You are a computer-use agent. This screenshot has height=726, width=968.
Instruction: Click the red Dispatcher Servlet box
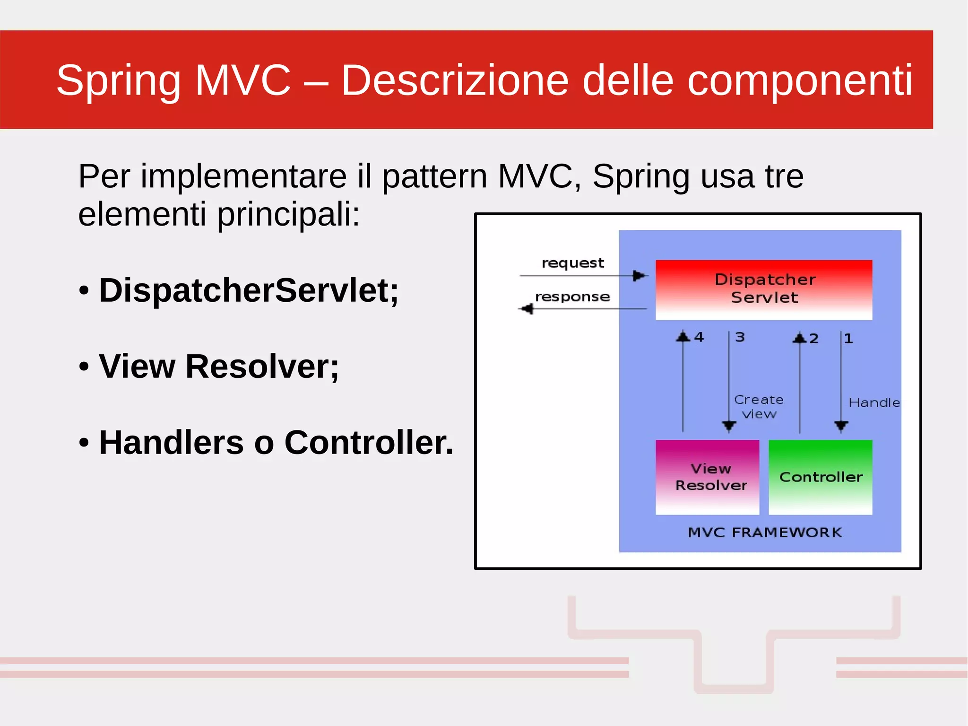click(764, 289)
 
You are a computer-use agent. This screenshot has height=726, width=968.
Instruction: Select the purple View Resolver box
click(707, 477)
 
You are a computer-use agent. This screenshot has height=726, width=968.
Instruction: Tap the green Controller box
click(821, 477)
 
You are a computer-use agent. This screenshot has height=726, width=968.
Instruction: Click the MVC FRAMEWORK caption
click(765, 533)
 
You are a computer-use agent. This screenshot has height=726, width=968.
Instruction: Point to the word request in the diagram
click(572, 263)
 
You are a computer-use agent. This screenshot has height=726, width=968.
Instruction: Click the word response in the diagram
click(572, 297)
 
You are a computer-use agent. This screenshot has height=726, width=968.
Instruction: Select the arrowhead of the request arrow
click(639, 275)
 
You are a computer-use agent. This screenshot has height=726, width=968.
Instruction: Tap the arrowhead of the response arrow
click(527, 309)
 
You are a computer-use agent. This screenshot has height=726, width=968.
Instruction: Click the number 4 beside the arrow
click(699, 337)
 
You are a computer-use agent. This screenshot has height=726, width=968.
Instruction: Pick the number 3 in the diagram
click(740, 337)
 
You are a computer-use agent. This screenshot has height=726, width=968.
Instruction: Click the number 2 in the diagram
click(814, 339)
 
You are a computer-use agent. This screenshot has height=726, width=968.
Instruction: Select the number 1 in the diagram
click(848, 339)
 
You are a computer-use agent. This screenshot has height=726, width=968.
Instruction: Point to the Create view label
click(759, 407)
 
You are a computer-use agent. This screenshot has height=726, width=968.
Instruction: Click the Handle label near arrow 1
click(874, 402)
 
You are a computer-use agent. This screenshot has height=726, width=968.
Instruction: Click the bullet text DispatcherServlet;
click(249, 290)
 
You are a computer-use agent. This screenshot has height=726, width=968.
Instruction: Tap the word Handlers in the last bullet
click(172, 443)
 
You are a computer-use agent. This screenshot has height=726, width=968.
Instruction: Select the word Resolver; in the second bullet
click(262, 367)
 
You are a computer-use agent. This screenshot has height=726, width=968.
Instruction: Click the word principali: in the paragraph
click(288, 214)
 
